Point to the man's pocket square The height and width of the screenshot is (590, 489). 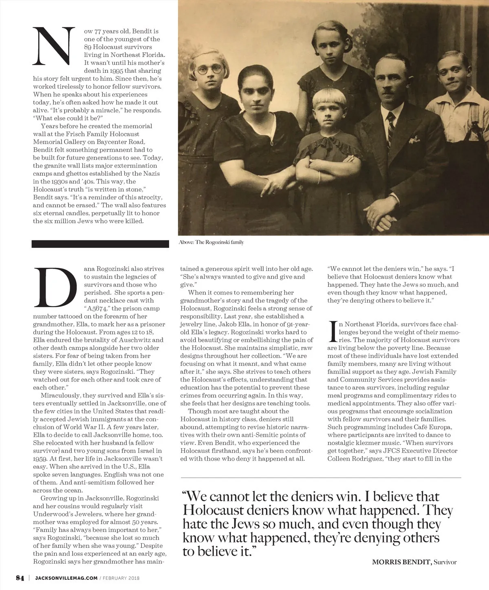(414, 140)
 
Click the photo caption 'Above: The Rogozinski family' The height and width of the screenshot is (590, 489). (211, 242)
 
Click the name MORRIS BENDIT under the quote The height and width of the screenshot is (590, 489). (401, 562)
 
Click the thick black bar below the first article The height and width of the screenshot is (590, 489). (100, 244)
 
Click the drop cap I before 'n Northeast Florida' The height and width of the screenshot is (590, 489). (333, 332)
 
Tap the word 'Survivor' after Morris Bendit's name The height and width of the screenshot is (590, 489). (445, 562)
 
